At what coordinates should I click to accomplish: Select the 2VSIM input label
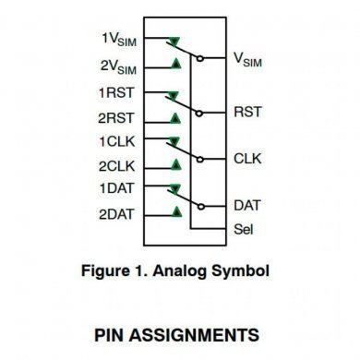pos(118,66)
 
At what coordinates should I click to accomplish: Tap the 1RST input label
pos(119,93)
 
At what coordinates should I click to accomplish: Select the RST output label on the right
pos(247,112)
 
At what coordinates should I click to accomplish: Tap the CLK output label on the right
pos(247,159)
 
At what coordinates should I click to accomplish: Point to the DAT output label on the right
pos(246,205)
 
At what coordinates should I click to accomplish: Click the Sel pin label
pos(244,228)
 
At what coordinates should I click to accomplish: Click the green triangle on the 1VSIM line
pos(174,42)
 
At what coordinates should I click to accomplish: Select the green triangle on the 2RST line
pos(174,117)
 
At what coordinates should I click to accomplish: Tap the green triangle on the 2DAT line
pos(174,212)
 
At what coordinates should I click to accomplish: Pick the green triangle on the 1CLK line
pos(174,143)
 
